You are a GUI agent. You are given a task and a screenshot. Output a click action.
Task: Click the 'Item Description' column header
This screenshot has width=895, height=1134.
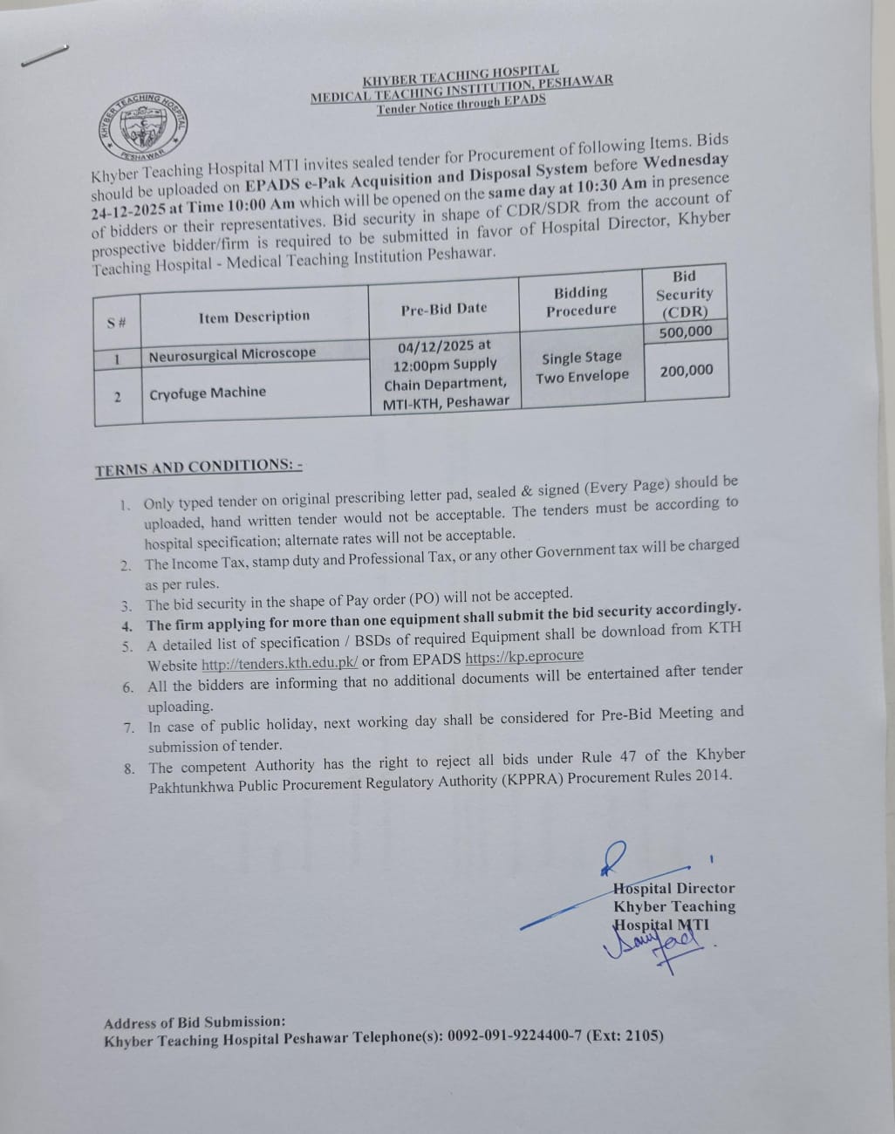(254, 317)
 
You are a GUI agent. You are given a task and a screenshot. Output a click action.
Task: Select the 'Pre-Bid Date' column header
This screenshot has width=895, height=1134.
(444, 309)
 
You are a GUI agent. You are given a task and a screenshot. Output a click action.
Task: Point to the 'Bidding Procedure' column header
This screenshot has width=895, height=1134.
(581, 301)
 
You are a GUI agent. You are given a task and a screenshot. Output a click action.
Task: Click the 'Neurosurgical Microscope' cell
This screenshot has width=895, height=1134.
(232, 354)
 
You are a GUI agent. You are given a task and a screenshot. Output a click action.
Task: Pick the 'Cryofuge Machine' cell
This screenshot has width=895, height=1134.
(208, 393)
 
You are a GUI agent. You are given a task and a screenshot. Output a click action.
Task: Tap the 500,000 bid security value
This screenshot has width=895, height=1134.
(686, 331)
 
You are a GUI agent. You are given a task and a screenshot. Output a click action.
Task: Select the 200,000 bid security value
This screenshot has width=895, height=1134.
(687, 371)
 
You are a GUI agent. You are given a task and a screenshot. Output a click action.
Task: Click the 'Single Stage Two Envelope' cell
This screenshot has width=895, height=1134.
(582, 366)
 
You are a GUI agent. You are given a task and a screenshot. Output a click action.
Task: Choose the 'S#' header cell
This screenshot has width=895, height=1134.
(117, 323)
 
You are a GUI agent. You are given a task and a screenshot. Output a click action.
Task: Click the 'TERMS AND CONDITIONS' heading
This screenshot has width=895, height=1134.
(198, 468)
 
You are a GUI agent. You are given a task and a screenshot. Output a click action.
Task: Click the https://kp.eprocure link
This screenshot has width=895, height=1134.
(524, 657)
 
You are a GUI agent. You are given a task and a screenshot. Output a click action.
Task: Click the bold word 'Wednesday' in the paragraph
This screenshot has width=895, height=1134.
(686, 162)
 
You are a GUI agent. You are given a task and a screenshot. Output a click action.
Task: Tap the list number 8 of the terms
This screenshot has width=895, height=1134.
(129, 769)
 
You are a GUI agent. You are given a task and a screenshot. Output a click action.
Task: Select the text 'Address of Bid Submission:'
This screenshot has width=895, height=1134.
(195, 1021)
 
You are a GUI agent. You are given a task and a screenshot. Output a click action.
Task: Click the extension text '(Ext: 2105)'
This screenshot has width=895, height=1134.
(625, 1036)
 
